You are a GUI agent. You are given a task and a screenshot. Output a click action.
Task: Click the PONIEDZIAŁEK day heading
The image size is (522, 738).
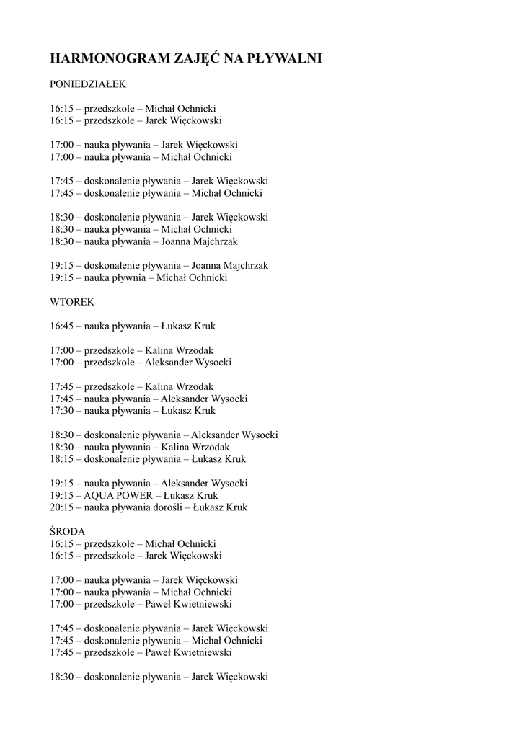click(88, 84)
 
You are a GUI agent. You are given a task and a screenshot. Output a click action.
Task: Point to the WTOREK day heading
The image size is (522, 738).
click(72, 302)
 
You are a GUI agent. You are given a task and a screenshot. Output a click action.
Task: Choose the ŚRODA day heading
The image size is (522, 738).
click(68, 531)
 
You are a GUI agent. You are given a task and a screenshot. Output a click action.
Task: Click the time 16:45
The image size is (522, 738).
click(62, 326)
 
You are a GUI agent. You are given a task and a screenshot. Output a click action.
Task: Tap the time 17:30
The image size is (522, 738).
click(62, 411)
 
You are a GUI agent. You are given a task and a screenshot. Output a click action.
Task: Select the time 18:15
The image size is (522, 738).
click(62, 459)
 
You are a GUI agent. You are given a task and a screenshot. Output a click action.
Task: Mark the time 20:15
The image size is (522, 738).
click(62, 507)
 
